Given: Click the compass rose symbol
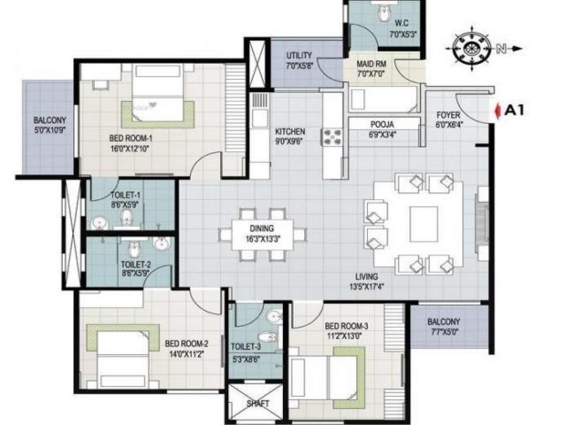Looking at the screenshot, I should pos(470,49).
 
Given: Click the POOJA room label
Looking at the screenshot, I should pos(383,125).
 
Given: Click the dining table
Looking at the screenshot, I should pos(262,235).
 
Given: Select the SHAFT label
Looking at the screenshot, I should pos(258,404).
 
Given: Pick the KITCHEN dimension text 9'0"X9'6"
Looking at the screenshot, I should pos(290,141).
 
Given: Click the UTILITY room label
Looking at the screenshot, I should pos(299,56).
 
